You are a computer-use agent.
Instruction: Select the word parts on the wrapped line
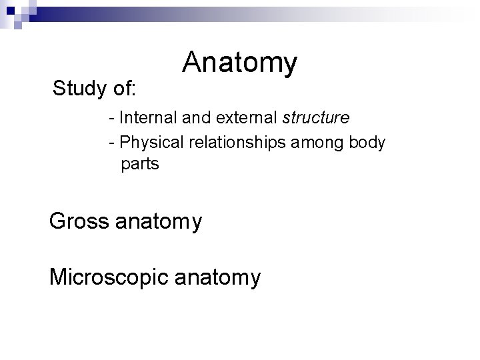[140, 164]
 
